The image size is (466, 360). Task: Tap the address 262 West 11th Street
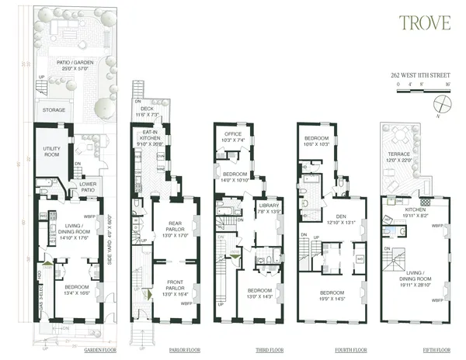click(421, 76)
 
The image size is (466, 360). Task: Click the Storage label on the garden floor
click(54, 110)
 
